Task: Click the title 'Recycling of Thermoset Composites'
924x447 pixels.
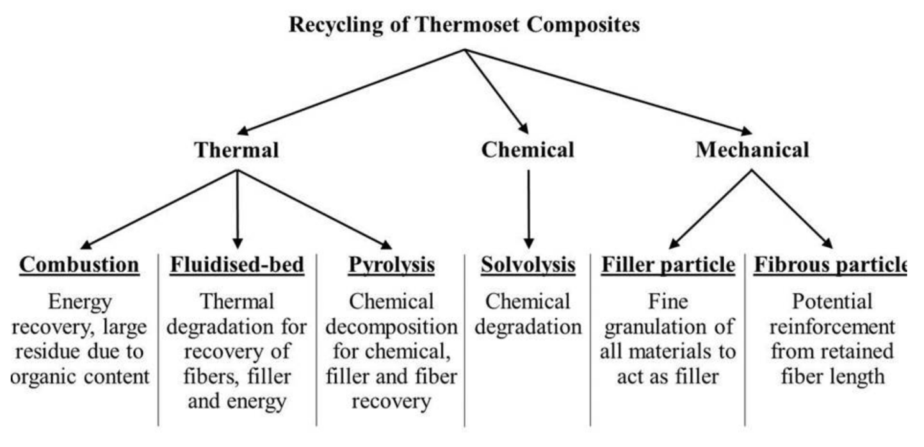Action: pos(464,26)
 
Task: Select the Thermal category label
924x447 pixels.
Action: pos(237,150)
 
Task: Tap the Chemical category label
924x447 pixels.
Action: pos(528,150)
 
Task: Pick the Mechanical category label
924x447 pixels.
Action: pos(752,150)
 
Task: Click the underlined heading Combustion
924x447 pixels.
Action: pos(79,264)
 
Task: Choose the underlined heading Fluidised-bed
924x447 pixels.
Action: pos(237,264)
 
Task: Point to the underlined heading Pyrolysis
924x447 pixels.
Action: pos(391,264)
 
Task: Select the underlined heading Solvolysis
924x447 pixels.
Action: pos(528,264)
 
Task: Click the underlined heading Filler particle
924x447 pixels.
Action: pos(668,264)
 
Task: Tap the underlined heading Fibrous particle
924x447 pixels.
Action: pos(830,264)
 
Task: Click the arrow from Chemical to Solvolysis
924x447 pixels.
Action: pos(528,208)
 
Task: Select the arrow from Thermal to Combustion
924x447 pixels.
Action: pos(160,208)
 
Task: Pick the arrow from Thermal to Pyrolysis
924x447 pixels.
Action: pos(314,208)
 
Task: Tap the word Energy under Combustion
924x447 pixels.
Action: pos(79,301)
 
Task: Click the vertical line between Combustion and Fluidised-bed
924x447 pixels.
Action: pos(158,339)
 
